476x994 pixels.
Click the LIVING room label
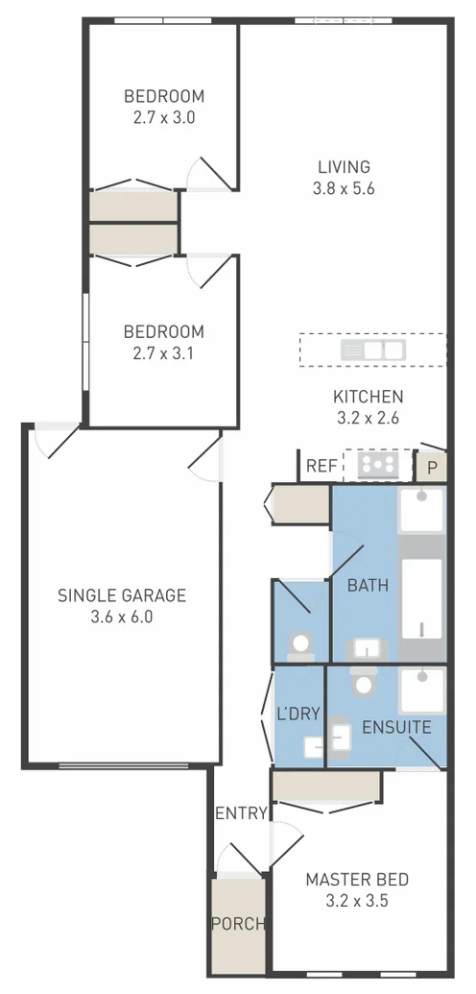(343, 167)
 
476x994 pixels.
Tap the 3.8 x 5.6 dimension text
(343, 189)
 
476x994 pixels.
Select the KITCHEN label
(368, 396)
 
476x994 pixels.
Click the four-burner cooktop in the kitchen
(378, 466)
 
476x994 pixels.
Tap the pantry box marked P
(432, 468)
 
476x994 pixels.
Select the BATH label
(368, 585)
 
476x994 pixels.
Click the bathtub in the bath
(422, 597)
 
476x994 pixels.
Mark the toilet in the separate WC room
(302, 643)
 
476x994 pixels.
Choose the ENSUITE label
(395, 727)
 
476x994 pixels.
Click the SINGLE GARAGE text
(121, 595)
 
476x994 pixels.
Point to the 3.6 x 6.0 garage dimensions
(121, 617)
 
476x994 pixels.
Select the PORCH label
(237, 924)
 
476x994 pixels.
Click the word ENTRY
(240, 813)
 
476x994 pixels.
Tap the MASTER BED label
(357, 879)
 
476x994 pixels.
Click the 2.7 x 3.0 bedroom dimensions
(163, 118)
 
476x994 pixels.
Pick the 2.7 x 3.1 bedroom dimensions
(163, 353)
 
